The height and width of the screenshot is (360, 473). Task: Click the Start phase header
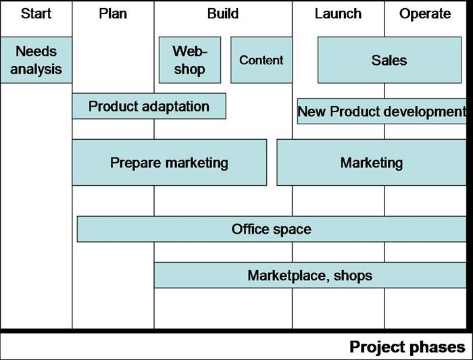[36, 14]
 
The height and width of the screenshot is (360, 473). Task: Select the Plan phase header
[112, 14]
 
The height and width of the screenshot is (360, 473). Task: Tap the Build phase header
[222, 14]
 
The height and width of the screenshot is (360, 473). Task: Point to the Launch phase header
[338, 14]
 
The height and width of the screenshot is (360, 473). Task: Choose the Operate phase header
[425, 14]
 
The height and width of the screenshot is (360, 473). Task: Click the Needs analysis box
[36, 60]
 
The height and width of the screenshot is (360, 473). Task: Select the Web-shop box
[189, 60]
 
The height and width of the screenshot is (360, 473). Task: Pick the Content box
[262, 60]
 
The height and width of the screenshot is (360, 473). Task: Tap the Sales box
[389, 60]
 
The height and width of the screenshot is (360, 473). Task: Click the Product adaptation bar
[149, 106]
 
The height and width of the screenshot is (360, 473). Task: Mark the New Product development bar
[382, 111]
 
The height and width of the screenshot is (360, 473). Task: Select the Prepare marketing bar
[169, 163]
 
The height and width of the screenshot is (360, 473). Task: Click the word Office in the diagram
[250, 229]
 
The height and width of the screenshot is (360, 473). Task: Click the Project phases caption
[407, 347]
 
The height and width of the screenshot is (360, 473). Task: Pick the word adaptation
[175, 106]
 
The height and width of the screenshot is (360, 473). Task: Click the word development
[424, 111]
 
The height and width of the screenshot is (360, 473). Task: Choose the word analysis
[36, 69]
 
